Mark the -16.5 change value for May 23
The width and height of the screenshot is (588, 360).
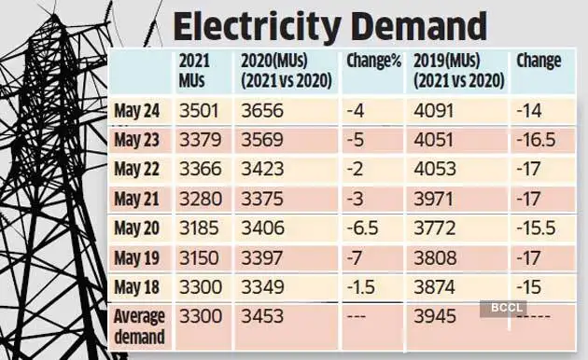click(x=537, y=142)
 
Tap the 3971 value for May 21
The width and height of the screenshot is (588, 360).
click(x=434, y=198)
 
